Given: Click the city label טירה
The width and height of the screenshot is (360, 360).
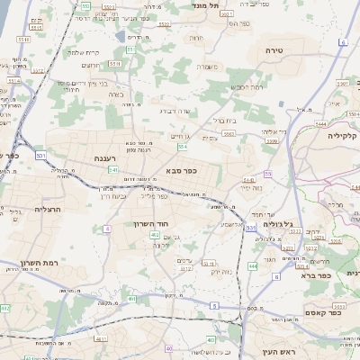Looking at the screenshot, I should pyautogui.click(x=274, y=50).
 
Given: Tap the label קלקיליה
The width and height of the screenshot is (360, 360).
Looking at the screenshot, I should pyautogui.click(x=343, y=135).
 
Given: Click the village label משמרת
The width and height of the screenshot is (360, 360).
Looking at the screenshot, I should pyautogui.click(x=209, y=66).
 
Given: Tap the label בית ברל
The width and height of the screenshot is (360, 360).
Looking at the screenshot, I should pyautogui.click(x=223, y=119).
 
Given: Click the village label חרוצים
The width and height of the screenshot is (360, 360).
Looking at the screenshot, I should pyautogui.click(x=92, y=65).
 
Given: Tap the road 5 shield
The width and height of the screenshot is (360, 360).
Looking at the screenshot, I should pyautogui.click(x=214, y=305).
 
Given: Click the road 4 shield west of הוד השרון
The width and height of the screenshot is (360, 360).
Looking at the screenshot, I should pyautogui.click(x=106, y=229).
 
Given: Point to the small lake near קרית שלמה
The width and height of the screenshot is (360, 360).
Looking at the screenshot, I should pyautogui.click(x=121, y=36).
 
